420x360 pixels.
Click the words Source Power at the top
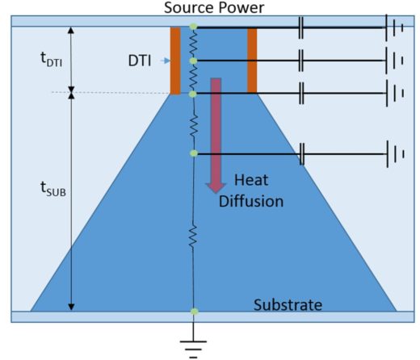pos(214,7)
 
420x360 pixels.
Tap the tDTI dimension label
pos(51,59)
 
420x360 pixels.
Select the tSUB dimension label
pos(53,188)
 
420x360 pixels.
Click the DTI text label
pos(140,61)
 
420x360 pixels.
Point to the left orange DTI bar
pos(175,61)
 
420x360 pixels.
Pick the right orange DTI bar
pos(252,61)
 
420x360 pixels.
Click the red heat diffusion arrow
pos(216,136)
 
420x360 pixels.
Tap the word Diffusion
pos(251,201)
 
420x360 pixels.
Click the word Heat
pos(251,180)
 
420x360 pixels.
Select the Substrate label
pos(288,305)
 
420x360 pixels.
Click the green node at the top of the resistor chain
pos(193,27)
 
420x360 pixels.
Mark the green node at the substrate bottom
pos(195,312)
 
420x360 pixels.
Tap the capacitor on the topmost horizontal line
pos(301,27)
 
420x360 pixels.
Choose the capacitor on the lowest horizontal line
pos(302,154)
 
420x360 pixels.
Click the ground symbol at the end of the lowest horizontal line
pos(395,154)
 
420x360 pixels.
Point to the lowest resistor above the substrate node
pos(193,236)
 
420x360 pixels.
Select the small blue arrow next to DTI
pos(166,61)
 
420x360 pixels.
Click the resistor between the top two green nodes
pos(193,44)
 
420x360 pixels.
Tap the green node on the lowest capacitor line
pos(194,153)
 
